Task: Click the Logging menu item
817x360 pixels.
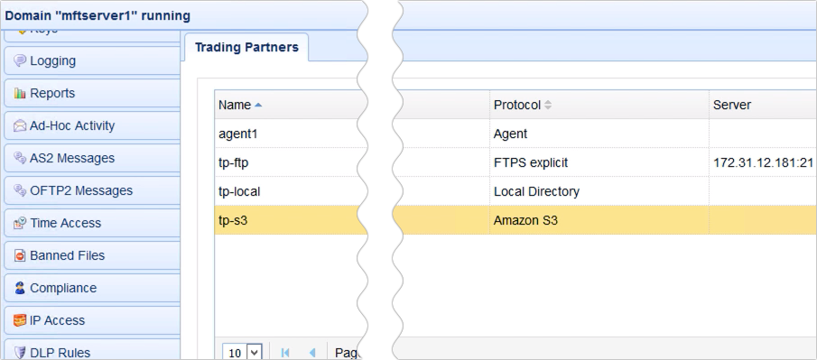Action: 52,61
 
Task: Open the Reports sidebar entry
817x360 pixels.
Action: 52,94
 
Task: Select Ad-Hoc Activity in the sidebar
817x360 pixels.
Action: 72,126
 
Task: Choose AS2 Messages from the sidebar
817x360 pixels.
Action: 72,159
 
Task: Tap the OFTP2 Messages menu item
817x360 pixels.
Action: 81,191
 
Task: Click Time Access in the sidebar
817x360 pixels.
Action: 65,224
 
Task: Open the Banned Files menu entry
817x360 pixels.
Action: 67,256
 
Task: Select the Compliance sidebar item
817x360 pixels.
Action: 63,289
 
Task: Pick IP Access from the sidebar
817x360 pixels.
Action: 57,321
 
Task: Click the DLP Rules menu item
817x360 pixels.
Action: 60,352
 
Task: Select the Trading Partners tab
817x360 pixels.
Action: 246,48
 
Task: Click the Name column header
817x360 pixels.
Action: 235,106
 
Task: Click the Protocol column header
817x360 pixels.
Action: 516,106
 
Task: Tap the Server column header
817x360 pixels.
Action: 732,106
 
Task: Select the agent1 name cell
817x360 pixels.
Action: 239,134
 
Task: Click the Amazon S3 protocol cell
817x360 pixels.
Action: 525,220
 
